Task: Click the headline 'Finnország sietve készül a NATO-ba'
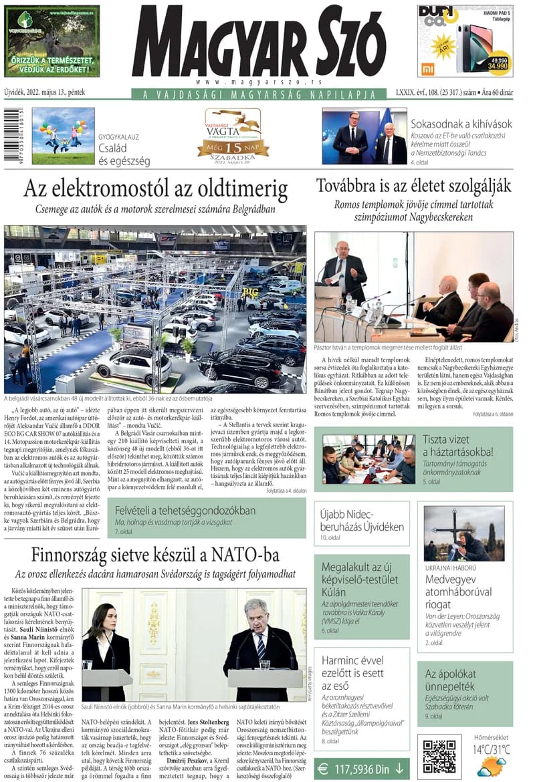(155, 555)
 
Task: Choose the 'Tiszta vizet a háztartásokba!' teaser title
(457, 445)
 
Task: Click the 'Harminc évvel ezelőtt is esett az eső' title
(353, 673)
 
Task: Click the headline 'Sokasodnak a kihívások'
(461, 124)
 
